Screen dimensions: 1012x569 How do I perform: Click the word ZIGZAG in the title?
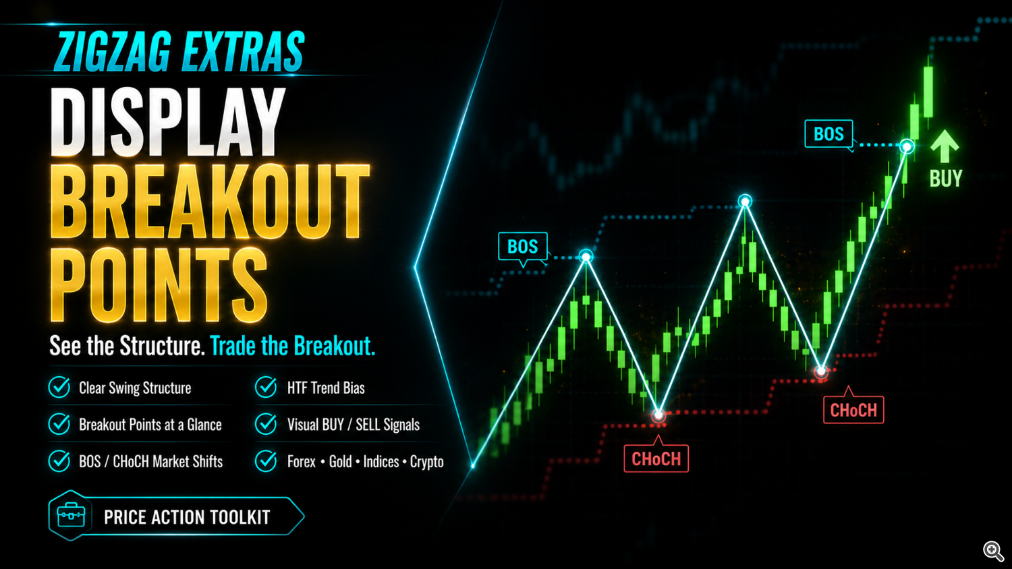[x=113, y=51]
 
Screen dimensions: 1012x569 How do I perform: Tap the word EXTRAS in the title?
[x=243, y=51]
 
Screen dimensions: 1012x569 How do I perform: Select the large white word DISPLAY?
[x=167, y=122]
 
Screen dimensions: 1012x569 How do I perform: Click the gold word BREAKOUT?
[x=210, y=202]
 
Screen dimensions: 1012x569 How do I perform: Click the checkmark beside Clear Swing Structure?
[x=59, y=387]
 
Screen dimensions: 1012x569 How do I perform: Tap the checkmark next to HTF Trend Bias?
[x=266, y=387]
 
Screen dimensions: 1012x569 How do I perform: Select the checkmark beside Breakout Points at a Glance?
[x=59, y=424]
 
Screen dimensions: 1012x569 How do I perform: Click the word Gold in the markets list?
[x=340, y=462]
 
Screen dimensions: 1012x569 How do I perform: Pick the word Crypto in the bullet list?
[x=426, y=462]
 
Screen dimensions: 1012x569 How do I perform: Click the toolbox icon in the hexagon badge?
[x=71, y=516]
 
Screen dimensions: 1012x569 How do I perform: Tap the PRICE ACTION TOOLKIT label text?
[x=187, y=517]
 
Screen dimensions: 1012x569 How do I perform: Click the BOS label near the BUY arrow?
[x=828, y=133]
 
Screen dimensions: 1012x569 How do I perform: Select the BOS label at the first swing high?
[x=523, y=247]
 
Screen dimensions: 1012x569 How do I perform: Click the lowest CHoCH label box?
[x=656, y=459]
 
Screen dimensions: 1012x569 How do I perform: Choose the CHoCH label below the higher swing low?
[x=853, y=410]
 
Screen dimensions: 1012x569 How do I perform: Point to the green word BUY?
[x=946, y=179]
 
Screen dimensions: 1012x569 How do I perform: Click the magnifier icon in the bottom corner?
[x=993, y=551]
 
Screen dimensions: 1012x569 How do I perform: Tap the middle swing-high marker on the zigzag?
[x=745, y=201]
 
